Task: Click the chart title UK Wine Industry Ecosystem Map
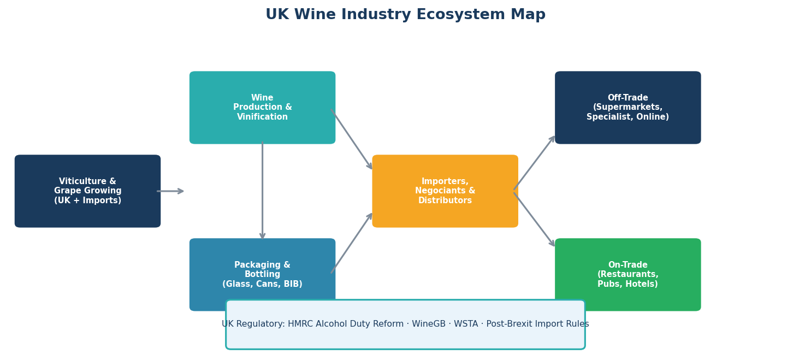[405, 15]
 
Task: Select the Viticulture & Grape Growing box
[87, 191]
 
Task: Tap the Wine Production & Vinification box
[262, 108]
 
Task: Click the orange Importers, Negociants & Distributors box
[445, 191]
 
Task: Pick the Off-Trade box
[628, 108]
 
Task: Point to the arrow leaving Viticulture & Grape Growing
[170, 191]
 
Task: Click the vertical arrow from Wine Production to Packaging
[263, 191]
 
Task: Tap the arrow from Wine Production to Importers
[351, 139]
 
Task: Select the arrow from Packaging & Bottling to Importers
[351, 243]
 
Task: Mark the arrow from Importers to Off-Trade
[534, 163]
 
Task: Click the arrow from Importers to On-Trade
[534, 219]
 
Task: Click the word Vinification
[262, 117]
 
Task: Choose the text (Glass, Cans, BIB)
[262, 284]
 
